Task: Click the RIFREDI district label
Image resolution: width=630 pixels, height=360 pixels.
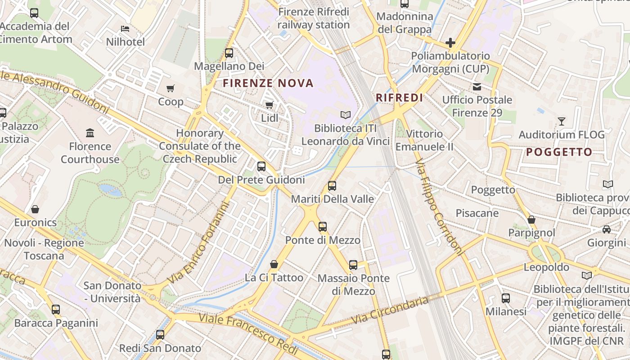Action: (x=399, y=98)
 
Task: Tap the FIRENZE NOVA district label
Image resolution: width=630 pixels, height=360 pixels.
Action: (x=268, y=83)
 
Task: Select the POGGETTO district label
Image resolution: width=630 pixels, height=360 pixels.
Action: (x=559, y=152)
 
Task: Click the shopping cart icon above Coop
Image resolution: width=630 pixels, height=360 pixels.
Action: (x=170, y=88)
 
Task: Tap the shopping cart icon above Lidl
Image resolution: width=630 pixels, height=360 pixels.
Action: (x=269, y=105)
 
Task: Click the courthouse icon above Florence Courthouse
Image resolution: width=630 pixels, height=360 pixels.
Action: (x=90, y=133)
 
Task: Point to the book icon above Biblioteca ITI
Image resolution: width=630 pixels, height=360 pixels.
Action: (x=345, y=115)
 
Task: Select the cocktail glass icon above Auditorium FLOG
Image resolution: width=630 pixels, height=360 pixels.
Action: (x=561, y=121)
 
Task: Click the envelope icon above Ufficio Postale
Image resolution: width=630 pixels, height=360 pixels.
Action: (x=477, y=86)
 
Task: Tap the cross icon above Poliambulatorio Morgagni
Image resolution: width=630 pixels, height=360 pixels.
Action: (x=450, y=43)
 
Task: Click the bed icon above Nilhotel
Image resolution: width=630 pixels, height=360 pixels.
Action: (x=125, y=29)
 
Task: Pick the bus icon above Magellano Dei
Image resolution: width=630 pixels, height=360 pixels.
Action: (x=229, y=53)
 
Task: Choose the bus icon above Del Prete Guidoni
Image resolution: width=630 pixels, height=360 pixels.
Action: (x=261, y=166)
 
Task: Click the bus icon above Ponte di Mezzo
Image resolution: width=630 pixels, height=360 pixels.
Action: (x=322, y=227)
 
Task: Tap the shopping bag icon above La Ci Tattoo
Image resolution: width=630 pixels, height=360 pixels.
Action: (x=274, y=264)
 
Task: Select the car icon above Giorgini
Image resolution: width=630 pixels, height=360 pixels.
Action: (x=606, y=229)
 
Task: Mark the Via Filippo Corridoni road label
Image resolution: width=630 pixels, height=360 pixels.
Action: (x=440, y=207)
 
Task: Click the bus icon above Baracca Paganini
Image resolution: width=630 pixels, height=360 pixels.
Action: (x=56, y=310)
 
